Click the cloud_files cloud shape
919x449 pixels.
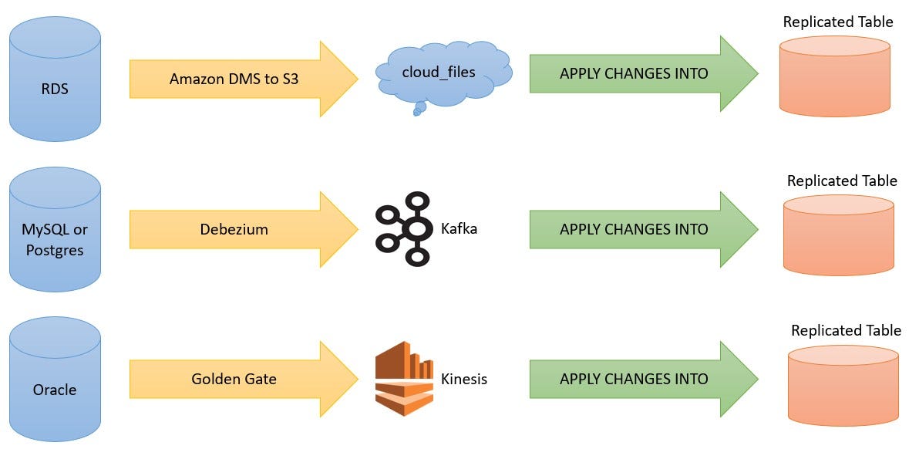click(439, 73)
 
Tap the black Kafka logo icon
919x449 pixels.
click(404, 229)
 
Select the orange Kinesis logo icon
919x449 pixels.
click(404, 379)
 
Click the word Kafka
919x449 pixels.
click(459, 229)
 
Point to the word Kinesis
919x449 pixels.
click(463, 379)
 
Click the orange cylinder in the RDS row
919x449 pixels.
click(834, 76)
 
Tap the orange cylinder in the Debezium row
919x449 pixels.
click(838, 235)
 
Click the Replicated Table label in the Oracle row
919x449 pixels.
click(846, 330)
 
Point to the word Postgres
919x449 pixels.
click(55, 251)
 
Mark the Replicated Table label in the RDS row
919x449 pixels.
click(837, 22)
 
